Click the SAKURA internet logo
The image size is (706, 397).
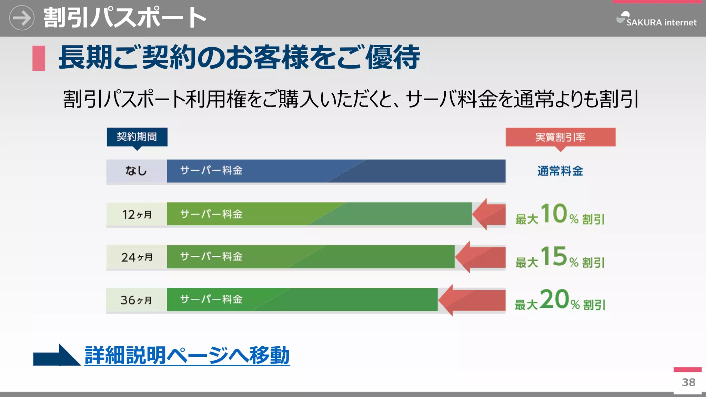coord(656,20)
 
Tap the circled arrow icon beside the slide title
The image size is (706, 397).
coord(22,18)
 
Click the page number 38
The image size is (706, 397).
coord(688,382)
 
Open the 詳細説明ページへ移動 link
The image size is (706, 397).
coord(187,355)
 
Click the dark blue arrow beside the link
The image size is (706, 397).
coord(56,356)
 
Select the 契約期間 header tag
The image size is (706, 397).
coord(137,137)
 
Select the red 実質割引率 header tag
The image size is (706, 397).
coord(560,137)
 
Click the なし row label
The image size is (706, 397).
coord(137,171)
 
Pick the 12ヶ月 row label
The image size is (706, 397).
coord(137,214)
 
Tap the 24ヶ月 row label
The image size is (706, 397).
coord(137,257)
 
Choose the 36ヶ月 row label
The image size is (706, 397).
coord(137,300)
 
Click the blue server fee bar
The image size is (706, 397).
coord(336,171)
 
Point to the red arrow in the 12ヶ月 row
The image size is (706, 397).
coord(489,214)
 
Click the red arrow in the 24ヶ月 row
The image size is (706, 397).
coord(480,257)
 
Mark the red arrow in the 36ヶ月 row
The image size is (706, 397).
coord(472,300)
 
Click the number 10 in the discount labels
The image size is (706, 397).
coord(554,213)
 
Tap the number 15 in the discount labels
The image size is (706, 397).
coord(554,256)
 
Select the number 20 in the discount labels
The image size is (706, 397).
coord(554,299)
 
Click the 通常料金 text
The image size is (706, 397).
coord(560,171)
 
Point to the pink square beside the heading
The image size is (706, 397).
coord(39,58)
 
